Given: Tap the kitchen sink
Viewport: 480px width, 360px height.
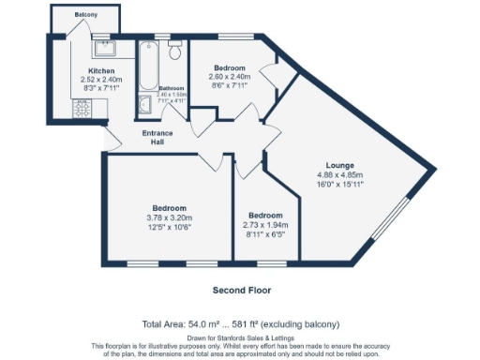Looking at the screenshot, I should click(101, 43).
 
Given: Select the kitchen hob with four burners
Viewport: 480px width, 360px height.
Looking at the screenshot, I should click(80, 109).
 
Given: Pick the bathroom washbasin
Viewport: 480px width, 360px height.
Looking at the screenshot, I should click(145, 104).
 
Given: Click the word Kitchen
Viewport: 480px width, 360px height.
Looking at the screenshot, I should click(101, 71).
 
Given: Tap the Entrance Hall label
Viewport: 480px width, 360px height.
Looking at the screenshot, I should click(157, 138).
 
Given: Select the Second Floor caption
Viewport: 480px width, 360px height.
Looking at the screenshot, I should click(240, 290).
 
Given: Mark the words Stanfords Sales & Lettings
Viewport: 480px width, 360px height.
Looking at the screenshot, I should click(258, 337).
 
